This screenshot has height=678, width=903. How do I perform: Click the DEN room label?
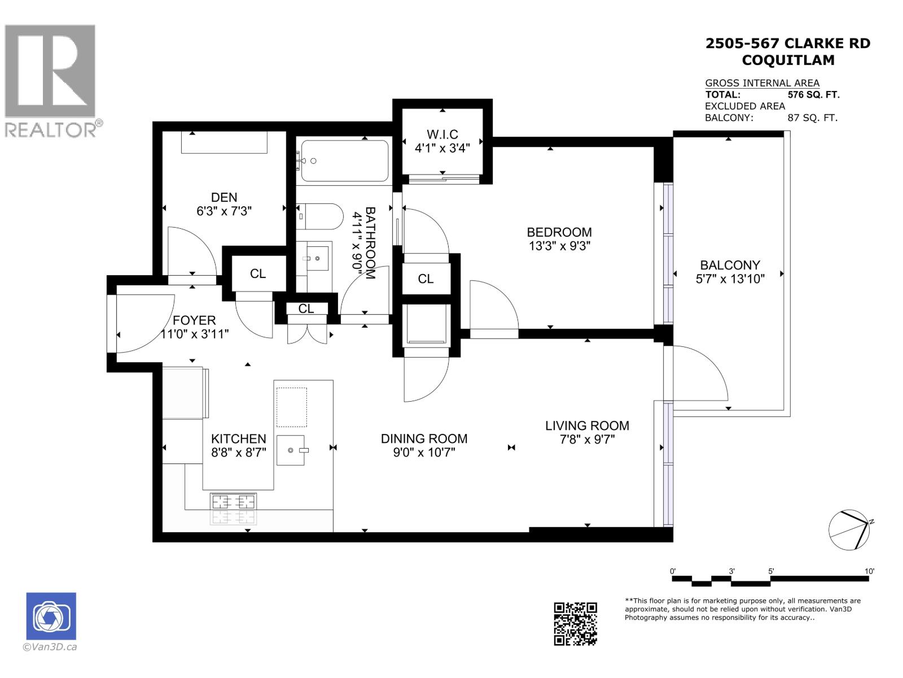(x=224, y=197)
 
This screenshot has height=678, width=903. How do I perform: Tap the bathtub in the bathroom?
(x=344, y=161)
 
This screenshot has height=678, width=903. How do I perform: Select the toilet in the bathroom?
(x=321, y=216)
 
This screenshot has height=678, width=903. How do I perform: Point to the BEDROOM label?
(x=559, y=232)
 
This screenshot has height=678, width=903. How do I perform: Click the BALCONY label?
(x=730, y=265)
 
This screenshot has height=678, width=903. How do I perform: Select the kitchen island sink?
(x=291, y=450)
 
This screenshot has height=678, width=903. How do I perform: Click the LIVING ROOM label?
(x=587, y=426)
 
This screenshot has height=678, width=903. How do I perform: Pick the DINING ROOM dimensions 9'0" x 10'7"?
(x=424, y=453)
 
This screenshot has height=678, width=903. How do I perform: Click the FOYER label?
(x=194, y=320)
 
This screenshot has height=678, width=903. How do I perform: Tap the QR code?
(x=575, y=623)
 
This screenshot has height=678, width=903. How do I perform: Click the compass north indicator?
(x=871, y=521)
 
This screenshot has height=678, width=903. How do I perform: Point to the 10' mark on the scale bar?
(x=869, y=571)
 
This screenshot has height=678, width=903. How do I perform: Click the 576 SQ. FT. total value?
(x=813, y=95)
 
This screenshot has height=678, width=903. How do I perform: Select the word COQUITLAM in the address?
(x=787, y=60)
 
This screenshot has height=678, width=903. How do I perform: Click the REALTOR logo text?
(x=51, y=130)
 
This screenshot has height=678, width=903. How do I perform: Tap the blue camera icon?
(x=51, y=616)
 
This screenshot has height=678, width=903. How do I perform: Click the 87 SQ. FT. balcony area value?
(x=812, y=118)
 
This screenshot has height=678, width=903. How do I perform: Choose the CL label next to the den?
(x=258, y=273)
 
